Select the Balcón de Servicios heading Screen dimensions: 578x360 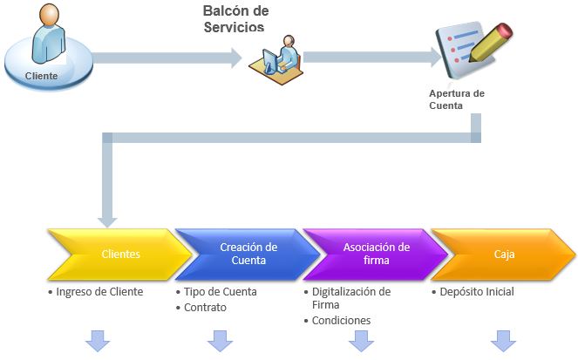pyautogui.click(x=235, y=19)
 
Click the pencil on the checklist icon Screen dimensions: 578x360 pyautogui.click(x=491, y=43)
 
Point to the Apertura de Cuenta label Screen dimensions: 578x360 pyautogui.click(x=456, y=99)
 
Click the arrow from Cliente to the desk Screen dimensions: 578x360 pyautogui.click(x=167, y=58)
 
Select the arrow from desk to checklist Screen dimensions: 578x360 pyautogui.click(x=372, y=58)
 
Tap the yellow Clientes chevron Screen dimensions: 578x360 pyautogui.click(x=120, y=255)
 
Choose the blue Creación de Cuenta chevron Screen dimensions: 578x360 pyautogui.click(x=248, y=255)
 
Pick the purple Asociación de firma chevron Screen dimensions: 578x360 pyautogui.click(x=376, y=255)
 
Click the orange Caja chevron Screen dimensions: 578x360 pyautogui.click(x=504, y=255)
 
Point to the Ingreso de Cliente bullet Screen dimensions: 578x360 pyautogui.click(x=96, y=292)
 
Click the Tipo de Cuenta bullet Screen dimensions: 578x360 pyautogui.click(x=217, y=292)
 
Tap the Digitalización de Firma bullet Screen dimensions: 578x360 pyautogui.click(x=347, y=298)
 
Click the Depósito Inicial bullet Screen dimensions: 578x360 pyautogui.click(x=473, y=292)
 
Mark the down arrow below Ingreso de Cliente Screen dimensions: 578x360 pyautogui.click(x=98, y=341)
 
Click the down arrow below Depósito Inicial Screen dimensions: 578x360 pyautogui.click(x=503, y=341)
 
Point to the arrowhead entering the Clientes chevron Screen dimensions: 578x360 pyautogui.click(x=107, y=222)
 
